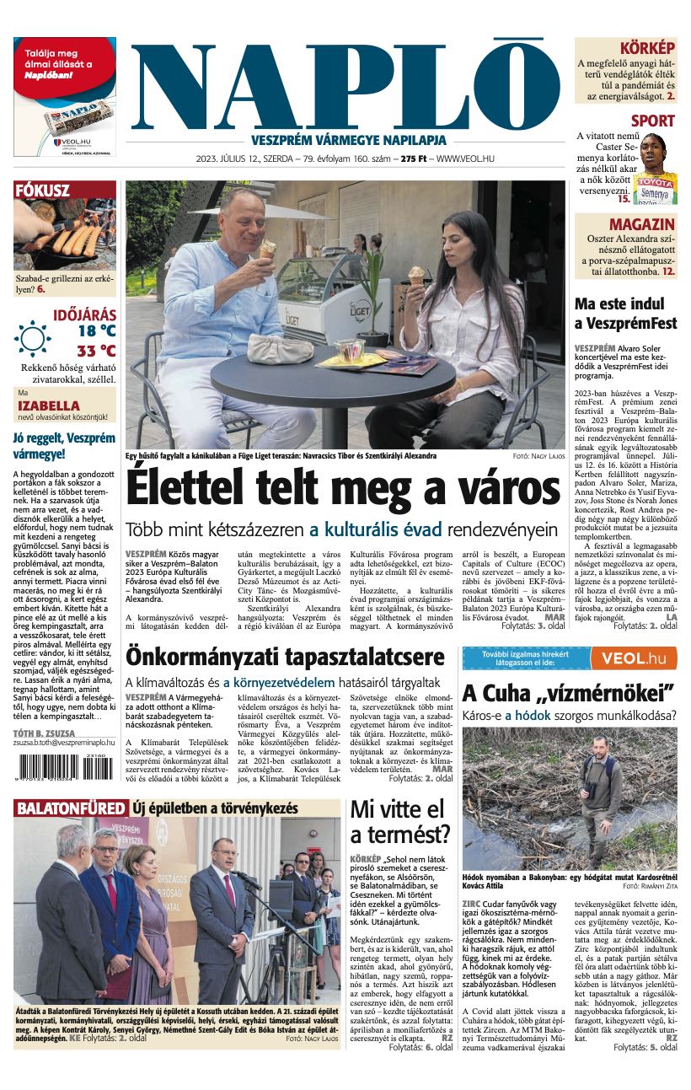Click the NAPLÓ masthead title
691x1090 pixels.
pos(344,84)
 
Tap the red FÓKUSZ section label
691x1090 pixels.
pos(42,191)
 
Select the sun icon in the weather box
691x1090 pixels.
pos(33,339)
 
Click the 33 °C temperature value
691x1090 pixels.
pos(96,351)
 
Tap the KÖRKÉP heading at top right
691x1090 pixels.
pos(646,48)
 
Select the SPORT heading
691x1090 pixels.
pos(652,121)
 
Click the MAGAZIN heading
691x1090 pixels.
pos(641,224)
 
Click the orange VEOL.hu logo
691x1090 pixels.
pos(634,658)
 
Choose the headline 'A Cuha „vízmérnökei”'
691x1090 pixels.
pos(569,694)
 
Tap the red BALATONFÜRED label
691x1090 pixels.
pos(70,808)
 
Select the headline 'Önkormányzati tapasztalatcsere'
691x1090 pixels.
pos(285,657)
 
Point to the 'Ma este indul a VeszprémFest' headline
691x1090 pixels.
pos(627,313)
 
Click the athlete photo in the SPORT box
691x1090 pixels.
pos(655,169)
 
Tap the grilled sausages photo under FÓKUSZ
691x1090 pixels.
pos(64,235)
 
